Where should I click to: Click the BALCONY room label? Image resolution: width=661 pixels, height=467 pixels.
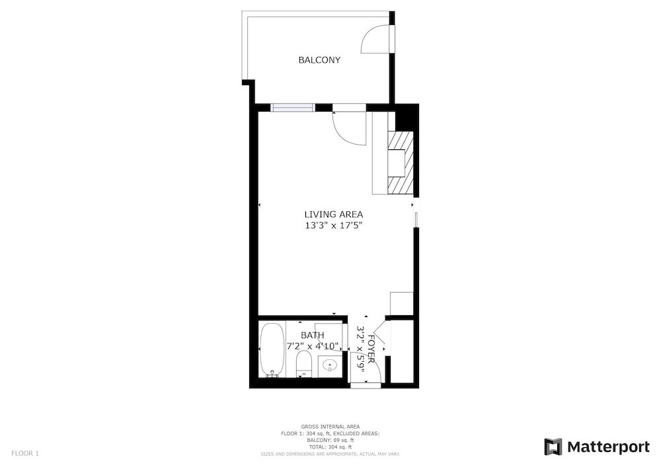[x=319, y=60]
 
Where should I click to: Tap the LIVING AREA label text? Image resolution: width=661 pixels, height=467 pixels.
[x=333, y=214]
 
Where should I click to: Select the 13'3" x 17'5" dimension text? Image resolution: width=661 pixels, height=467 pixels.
[x=333, y=225]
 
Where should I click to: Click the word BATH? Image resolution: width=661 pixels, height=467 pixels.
[x=313, y=335]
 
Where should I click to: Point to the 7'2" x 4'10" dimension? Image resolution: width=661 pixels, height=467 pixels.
[x=313, y=346]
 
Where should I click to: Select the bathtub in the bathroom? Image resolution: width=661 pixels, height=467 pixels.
[x=271, y=350]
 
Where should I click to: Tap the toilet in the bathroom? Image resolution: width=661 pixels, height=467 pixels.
[x=303, y=364]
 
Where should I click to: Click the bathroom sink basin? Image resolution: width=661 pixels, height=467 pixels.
[x=329, y=365]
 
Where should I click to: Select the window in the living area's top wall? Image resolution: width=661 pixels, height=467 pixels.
[x=293, y=108]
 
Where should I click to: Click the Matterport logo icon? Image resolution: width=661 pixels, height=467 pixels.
[x=553, y=447]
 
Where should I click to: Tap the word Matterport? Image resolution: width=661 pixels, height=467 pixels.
[x=608, y=447]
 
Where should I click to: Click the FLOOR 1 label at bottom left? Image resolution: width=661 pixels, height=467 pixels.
[x=25, y=454]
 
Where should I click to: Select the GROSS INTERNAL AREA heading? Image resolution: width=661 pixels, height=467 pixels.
[x=330, y=427]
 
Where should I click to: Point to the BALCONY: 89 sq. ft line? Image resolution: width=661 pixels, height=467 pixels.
[x=330, y=440]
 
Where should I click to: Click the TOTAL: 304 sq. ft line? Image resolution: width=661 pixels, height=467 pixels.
[x=330, y=447]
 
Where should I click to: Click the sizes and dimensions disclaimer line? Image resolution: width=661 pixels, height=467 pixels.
[x=330, y=454]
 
